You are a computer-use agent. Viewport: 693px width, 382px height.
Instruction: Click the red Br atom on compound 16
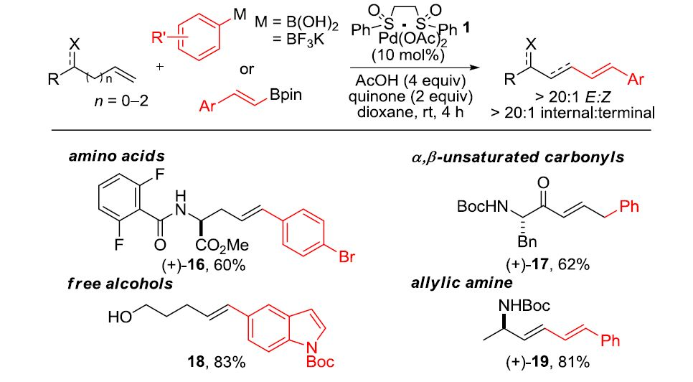pyautogui.click(x=346, y=258)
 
